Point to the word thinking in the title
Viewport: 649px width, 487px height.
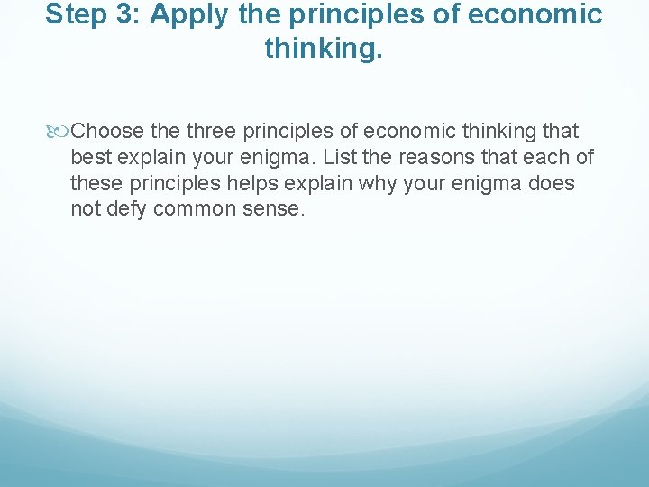(x=322, y=49)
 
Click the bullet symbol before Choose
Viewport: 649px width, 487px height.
(x=59, y=132)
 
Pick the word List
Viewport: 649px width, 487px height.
(x=339, y=158)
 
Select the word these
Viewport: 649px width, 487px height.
(x=95, y=184)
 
